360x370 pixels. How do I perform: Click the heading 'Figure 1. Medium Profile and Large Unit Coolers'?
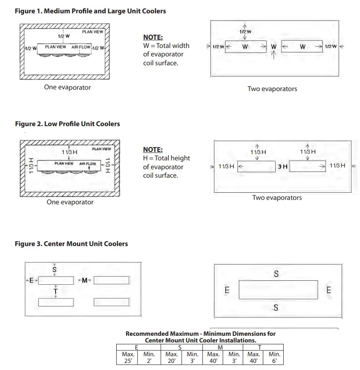click(91, 11)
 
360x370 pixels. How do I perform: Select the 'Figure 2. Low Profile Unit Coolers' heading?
click(67, 123)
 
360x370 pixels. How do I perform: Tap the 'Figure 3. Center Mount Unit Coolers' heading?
click(71, 243)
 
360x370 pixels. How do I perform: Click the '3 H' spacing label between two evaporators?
click(283, 167)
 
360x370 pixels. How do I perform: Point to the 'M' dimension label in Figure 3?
click(84, 280)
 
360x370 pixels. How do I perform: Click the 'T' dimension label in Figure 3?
click(55, 291)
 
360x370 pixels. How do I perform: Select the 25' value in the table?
click(128, 361)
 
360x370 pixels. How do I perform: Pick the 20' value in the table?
click(171, 361)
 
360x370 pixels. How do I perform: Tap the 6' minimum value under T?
click(274, 361)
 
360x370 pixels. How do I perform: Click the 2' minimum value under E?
click(150, 361)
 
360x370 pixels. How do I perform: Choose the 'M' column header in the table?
click(221, 347)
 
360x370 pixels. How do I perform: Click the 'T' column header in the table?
click(260, 347)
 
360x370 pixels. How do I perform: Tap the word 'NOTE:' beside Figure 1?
click(153, 37)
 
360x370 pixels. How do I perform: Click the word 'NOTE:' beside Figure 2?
click(153, 150)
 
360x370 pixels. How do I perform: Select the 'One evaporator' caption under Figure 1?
click(67, 87)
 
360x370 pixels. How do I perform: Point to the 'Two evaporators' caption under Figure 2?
click(277, 198)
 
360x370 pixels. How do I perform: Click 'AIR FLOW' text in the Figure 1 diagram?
click(81, 47)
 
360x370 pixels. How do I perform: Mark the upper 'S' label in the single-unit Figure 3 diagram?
click(276, 275)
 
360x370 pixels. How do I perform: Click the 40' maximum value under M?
click(214, 361)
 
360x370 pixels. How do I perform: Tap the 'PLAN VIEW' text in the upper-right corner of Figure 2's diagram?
click(101, 149)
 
